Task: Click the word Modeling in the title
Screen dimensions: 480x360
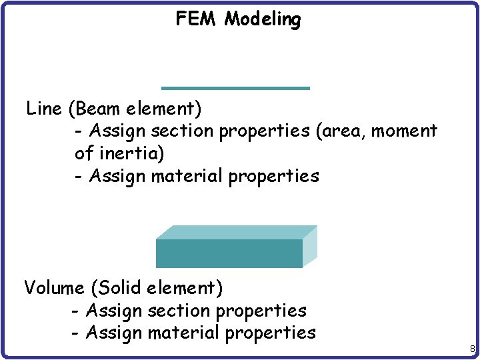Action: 263,20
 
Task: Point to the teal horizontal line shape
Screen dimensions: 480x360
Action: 235,88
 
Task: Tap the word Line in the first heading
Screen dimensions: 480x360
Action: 44,108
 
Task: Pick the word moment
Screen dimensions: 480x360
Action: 404,131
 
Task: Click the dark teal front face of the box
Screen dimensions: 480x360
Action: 229,253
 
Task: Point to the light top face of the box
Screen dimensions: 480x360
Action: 237,232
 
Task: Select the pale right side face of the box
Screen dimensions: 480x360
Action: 310,247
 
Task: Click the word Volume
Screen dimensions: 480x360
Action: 54,288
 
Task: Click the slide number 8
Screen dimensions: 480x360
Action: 472,349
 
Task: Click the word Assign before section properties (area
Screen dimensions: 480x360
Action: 117,131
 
